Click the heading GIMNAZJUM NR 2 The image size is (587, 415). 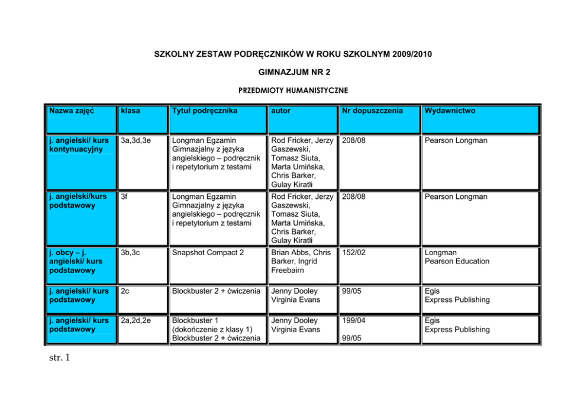pyautogui.click(x=294, y=72)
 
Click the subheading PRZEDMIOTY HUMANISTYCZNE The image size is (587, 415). pyautogui.click(x=293, y=91)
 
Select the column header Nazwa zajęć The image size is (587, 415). pyautogui.click(x=72, y=111)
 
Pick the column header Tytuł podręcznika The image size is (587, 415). pyautogui.click(x=204, y=111)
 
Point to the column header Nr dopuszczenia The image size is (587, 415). pyautogui.click(x=372, y=111)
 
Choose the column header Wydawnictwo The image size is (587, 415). pyautogui.click(x=449, y=111)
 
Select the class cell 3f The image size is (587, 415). pyautogui.click(x=124, y=197)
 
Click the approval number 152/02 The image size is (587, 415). pyautogui.click(x=354, y=253)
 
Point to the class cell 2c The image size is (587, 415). pyautogui.click(x=125, y=291)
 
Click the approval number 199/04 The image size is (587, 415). pyautogui.click(x=354, y=321)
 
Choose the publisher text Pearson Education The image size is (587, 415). pyautogui.click(x=457, y=261)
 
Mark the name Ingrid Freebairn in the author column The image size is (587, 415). pyautogui.click(x=294, y=265)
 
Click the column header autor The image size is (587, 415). pyautogui.click(x=281, y=111)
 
